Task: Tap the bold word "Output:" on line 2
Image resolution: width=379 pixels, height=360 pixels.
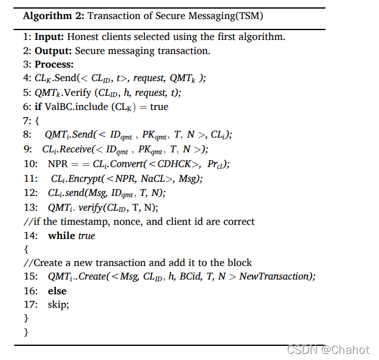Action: [x=53, y=50]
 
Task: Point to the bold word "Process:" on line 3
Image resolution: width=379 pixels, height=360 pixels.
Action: [x=54, y=65]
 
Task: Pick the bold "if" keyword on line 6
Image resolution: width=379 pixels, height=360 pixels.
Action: [x=38, y=106]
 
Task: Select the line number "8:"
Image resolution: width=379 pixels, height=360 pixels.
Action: [x=27, y=135]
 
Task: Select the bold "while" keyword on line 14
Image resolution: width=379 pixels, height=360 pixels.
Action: [x=61, y=235]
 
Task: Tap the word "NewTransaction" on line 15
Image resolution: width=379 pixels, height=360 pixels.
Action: [x=276, y=276]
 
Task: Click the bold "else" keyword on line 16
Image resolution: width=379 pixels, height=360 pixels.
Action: [x=57, y=291]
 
